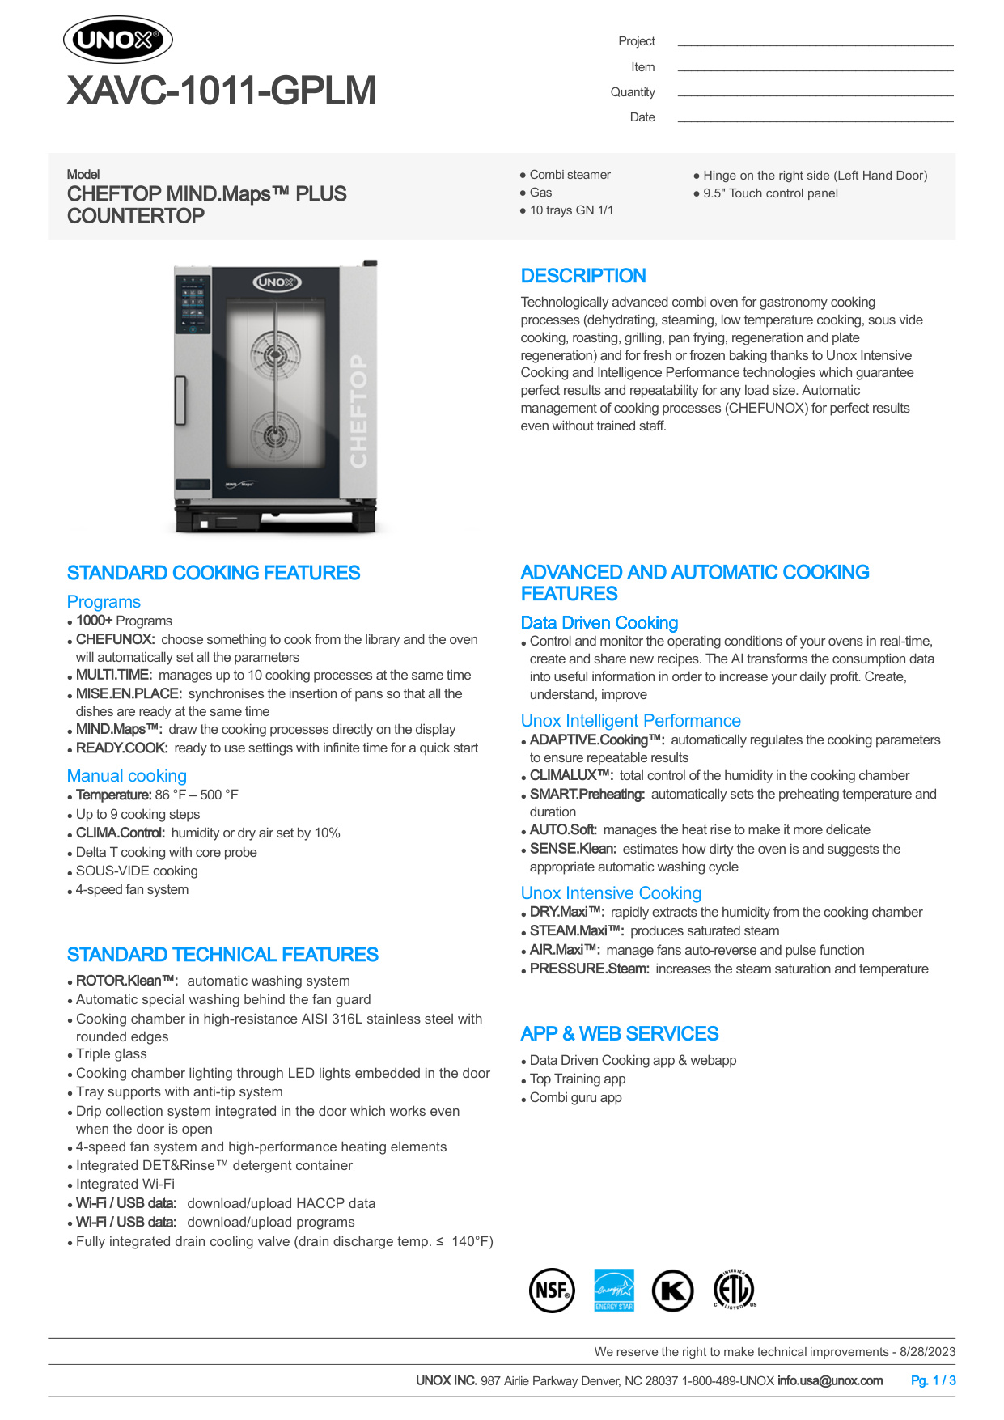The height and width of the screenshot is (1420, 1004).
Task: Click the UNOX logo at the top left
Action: coord(118,40)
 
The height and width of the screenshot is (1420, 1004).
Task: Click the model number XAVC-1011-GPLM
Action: coord(221,91)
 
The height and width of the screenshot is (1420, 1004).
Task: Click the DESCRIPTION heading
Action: coord(582,276)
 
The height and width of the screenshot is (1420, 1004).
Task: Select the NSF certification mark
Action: coord(552,1290)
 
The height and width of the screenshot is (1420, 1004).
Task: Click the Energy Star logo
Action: coord(613,1290)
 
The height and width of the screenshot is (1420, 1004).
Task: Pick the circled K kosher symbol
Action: coord(672,1291)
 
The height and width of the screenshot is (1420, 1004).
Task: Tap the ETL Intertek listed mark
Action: coord(735,1290)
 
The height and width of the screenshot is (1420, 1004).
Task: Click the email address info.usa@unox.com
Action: coord(829,1380)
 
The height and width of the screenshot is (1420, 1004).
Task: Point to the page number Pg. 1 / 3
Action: coord(933,1380)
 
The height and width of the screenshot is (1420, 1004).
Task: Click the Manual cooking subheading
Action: coord(126,776)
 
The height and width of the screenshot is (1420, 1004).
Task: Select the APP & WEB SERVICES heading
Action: coord(619,1034)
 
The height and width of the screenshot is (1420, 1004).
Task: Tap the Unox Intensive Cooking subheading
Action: coord(611,893)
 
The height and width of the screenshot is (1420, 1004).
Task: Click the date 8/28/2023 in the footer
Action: coord(927,1351)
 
